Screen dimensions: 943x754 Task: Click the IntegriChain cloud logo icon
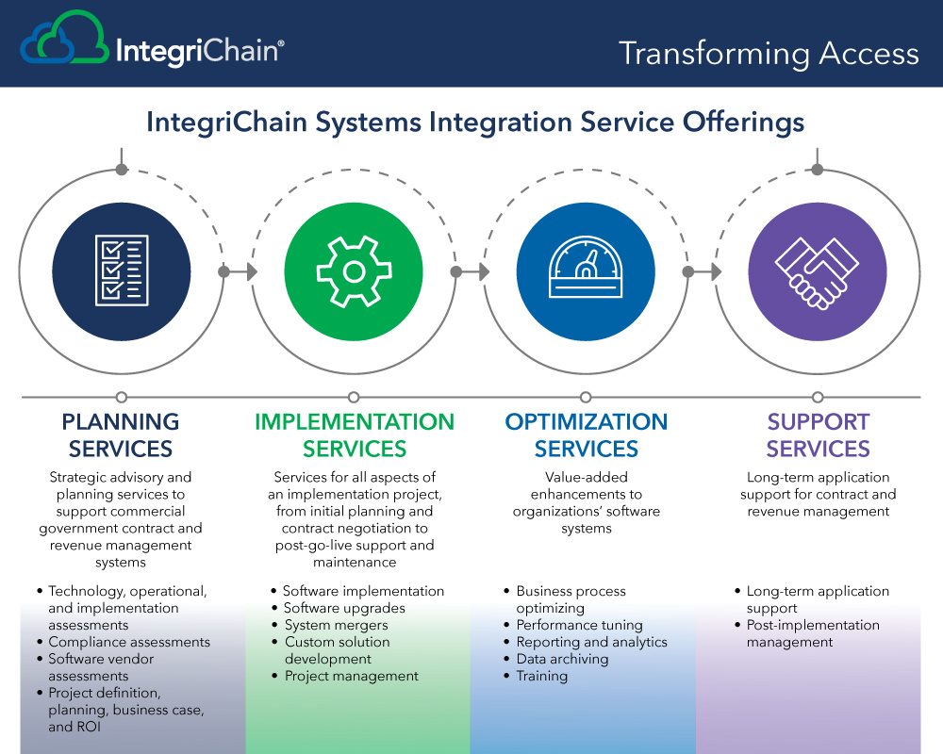pyautogui.click(x=64, y=38)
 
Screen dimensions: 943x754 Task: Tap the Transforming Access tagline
pyautogui.click(x=769, y=54)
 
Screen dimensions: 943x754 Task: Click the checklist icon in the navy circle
pyautogui.click(x=122, y=270)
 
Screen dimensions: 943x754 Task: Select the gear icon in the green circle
pyautogui.click(x=355, y=271)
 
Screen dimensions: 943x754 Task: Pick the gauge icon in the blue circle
pyautogui.click(x=586, y=267)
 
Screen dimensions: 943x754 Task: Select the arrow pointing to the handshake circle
pyautogui.click(x=703, y=271)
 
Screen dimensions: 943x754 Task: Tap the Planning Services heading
pyautogui.click(x=121, y=435)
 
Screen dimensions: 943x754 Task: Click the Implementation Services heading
pyautogui.click(x=355, y=435)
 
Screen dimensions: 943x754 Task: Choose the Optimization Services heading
pyautogui.click(x=587, y=435)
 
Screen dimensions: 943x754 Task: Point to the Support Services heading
pyautogui.click(x=818, y=435)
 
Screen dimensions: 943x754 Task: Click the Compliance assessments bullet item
pyautogui.click(x=129, y=642)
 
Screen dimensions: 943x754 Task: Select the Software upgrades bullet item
pyautogui.click(x=344, y=609)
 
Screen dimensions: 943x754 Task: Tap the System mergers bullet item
pyautogui.click(x=337, y=625)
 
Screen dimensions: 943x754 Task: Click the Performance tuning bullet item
pyautogui.click(x=579, y=625)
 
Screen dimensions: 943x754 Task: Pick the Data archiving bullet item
pyautogui.click(x=562, y=659)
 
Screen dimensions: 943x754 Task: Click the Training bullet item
pyautogui.click(x=542, y=676)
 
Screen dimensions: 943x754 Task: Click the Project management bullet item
pyautogui.click(x=351, y=676)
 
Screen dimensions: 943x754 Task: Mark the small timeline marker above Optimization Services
pyautogui.click(x=586, y=398)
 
